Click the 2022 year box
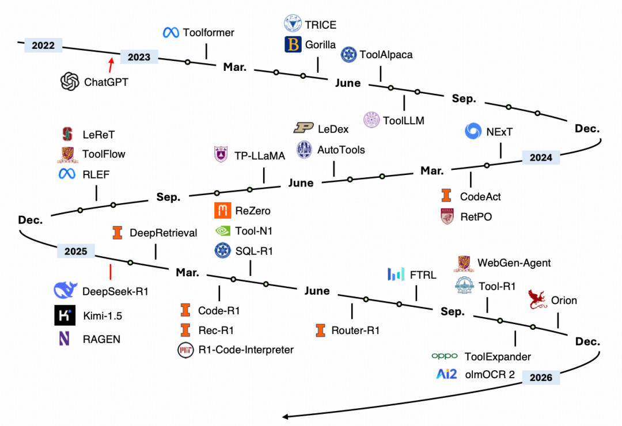pyautogui.click(x=43, y=45)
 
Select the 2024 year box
pyautogui.click(x=541, y=157)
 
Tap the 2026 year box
pyautogui.click(x=541, y=378)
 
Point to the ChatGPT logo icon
pyautogui.click(x=70, y=82)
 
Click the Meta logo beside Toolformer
pyautogui.click(x=170, y=33)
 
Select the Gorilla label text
pyautogui.click(x=320, y=45)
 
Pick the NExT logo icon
pyautogui.click(x=474, y=131)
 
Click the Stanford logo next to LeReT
pyautogui.click(x=67, y=134)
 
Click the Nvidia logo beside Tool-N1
pyautogui.click(x=222, y=231)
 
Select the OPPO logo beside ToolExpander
pyautogui.click(x=445, y=357)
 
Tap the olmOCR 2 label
pyautogui.click(x=490, y=375)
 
